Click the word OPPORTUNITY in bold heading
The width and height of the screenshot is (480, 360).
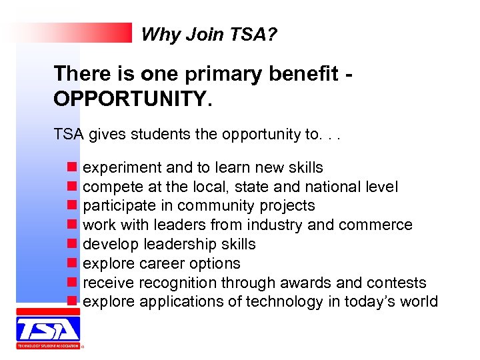click(131, 99)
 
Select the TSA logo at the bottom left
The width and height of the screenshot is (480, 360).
click(47, 328)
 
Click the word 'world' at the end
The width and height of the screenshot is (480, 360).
click(419, 302)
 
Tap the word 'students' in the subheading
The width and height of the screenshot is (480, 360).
click(157, 135)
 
